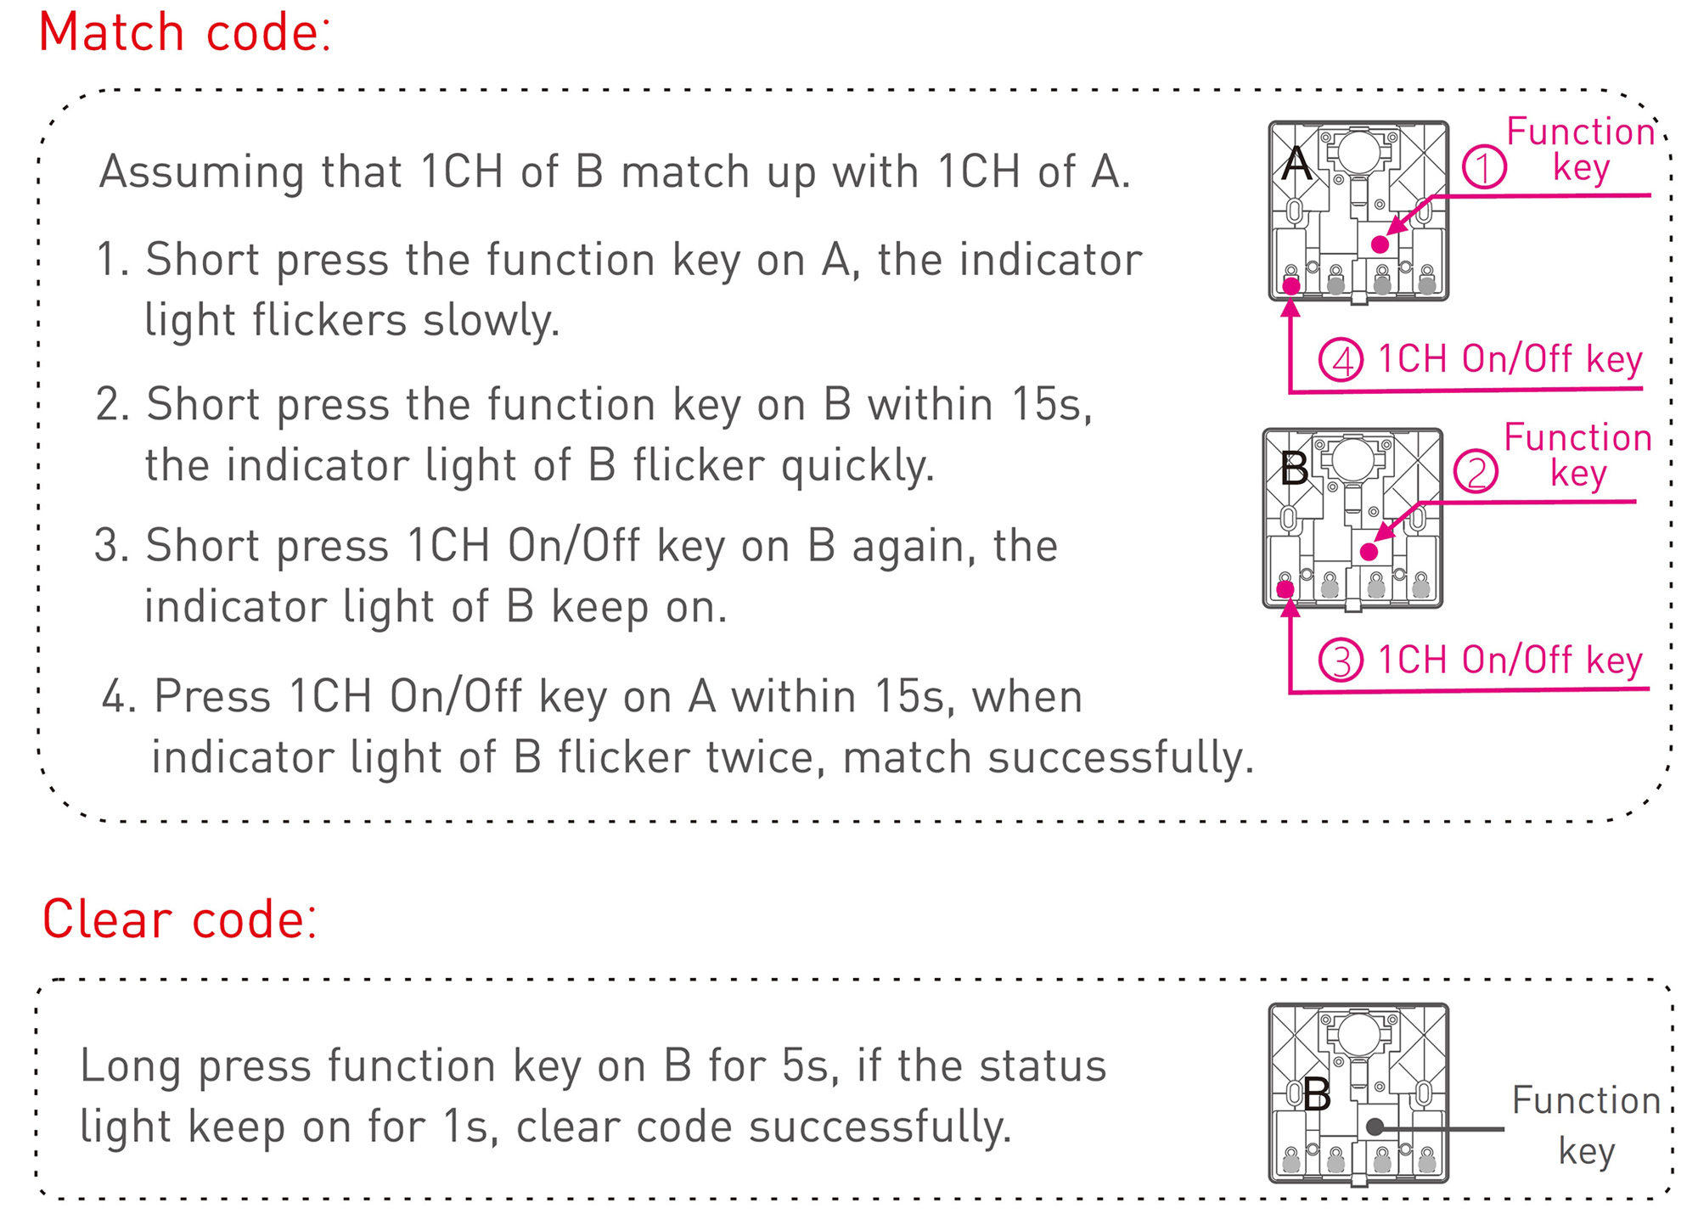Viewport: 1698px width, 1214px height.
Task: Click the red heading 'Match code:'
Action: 184,33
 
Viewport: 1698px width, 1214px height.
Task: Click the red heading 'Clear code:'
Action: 180,919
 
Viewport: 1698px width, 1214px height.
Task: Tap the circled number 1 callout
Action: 1484,166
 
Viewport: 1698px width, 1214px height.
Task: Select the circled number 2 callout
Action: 1476,472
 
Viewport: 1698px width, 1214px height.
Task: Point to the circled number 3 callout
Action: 1341,660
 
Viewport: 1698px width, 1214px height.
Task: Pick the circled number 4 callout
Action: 1341,359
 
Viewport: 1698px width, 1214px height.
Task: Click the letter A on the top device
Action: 1296,163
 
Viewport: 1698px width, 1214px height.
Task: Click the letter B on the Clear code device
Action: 1317,1094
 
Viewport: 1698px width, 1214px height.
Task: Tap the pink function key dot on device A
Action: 1380,244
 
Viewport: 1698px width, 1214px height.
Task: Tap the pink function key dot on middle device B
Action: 1369,552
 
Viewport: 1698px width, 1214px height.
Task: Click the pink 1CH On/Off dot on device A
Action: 1291,286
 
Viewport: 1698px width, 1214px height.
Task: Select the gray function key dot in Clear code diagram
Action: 1375,1127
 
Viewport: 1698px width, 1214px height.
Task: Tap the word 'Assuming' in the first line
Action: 201,173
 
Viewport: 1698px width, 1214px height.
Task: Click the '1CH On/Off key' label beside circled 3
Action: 1510,660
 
